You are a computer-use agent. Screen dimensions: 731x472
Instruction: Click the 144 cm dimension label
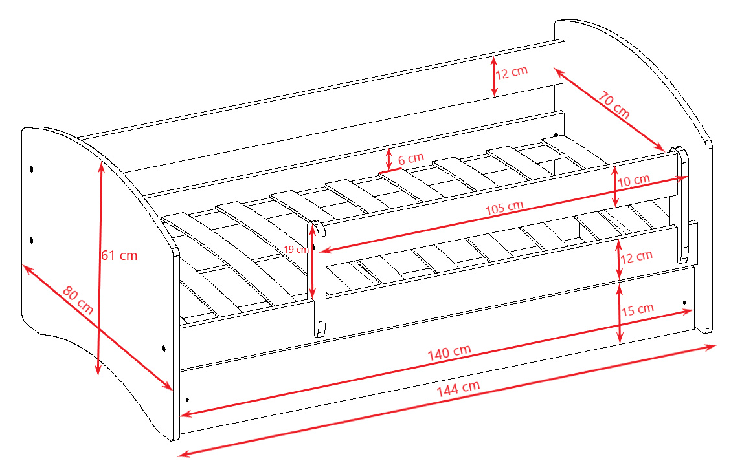click(458, 388)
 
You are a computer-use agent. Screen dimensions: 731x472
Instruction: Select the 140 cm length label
click(449, 352)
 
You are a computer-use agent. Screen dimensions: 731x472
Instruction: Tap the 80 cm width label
click(78, 300)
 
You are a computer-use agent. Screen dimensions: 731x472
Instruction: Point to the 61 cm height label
click(119, 255)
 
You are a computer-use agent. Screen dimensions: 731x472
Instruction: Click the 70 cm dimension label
click(614, 105)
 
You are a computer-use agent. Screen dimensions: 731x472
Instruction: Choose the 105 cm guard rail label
click(504, 208)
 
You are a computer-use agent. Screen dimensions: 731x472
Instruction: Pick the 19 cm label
click(296, 250)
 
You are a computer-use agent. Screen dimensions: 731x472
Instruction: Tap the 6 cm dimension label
click(410, 158)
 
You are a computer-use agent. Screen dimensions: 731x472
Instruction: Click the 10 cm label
click(634, 180)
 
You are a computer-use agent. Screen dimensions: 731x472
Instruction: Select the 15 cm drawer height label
click(638, 310)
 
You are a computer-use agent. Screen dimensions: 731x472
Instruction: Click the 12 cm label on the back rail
click(512, 72)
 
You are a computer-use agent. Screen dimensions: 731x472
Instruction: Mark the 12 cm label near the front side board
click(636, 257)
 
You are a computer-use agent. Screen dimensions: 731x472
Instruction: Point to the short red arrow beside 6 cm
click(389, 159)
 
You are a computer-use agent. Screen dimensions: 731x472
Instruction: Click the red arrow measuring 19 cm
click(312, 262)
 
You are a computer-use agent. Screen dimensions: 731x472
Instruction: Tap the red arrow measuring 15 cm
click(620, 314)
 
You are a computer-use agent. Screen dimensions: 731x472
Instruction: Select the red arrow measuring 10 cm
click(615, 186)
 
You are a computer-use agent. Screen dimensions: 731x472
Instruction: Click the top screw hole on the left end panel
click(31, 169)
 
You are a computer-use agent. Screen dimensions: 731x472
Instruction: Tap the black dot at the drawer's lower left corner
click(187, 400)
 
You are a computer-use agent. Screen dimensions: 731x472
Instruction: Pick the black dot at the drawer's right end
click(684, 303)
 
